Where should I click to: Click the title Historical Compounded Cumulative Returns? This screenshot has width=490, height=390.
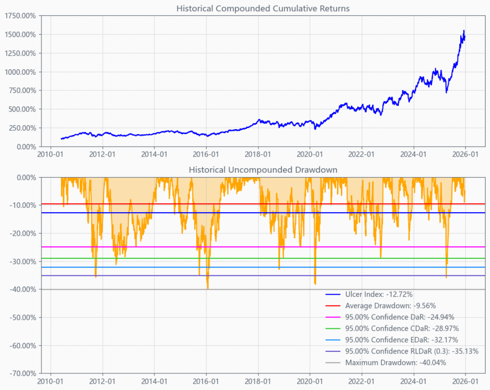tap(263, 9)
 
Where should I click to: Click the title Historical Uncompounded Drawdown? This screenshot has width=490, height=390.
tap(263, 170)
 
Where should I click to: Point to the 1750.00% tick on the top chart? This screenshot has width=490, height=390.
tap(21, 16)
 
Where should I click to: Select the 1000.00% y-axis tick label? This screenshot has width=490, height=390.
tap(21, 72)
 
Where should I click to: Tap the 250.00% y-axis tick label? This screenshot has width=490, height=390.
tap(22, 128)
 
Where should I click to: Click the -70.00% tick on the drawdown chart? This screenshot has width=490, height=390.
tap(22, 373)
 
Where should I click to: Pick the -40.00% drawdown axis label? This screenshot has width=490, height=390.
tap(22, 289)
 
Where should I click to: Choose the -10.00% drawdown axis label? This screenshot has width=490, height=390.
tap(22, 205)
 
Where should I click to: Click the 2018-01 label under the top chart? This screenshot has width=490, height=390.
tap(258, 154)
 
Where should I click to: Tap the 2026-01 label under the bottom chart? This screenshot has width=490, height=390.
tap(465, 381)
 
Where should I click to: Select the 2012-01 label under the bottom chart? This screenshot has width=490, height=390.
tap(103, 381)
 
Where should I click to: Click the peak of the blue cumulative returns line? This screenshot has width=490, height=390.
tap(464, 31)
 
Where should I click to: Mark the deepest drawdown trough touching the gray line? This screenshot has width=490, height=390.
tap(208, 288)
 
